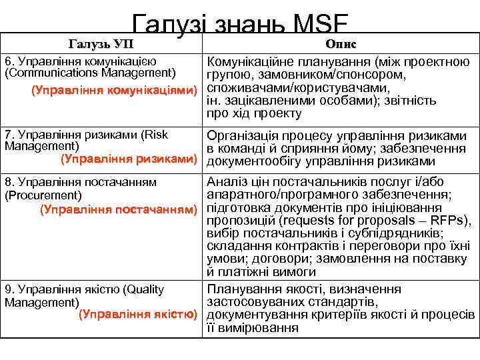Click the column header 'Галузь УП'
[101, 44]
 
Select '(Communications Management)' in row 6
[90, 72]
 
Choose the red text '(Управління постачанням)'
[119, 209]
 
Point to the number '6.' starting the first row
[10, 60]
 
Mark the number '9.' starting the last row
[10, 289]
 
